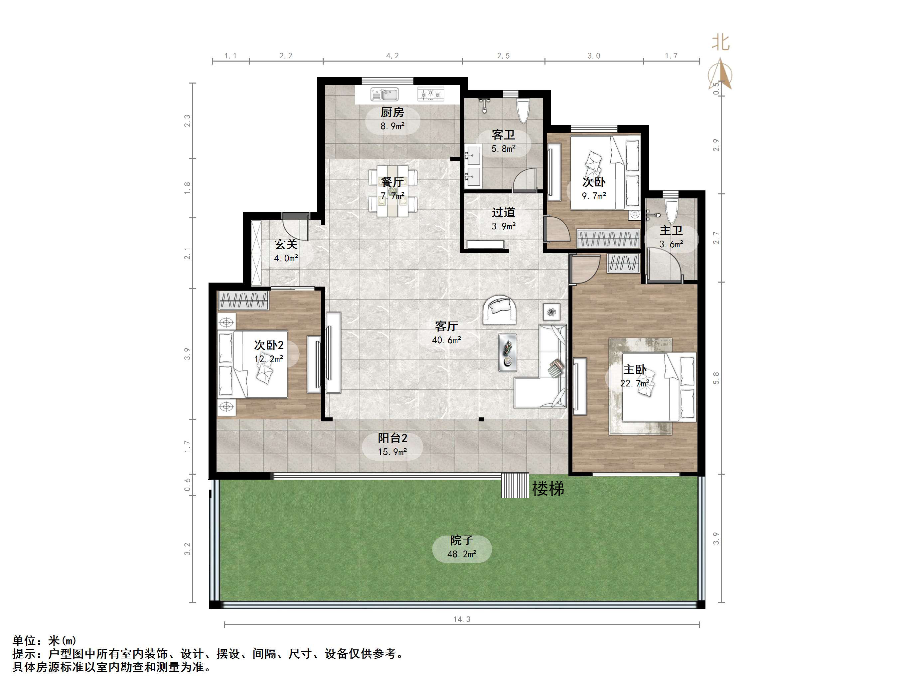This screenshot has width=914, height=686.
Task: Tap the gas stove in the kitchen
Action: [430, 94]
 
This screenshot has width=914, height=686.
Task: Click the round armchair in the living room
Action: [500, 310]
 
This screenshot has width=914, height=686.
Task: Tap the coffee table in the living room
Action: [508, 352]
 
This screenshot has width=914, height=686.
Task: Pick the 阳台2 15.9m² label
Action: [392, 444]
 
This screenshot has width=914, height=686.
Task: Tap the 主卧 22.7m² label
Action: [635, 376]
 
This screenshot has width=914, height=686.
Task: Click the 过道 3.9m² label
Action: [503, 219]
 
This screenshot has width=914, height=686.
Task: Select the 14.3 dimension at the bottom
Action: [462, 619]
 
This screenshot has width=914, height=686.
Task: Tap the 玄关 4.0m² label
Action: [286, 251]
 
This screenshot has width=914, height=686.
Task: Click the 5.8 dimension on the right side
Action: [716, 378]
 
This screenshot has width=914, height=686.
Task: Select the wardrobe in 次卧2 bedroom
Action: [243, 301]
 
